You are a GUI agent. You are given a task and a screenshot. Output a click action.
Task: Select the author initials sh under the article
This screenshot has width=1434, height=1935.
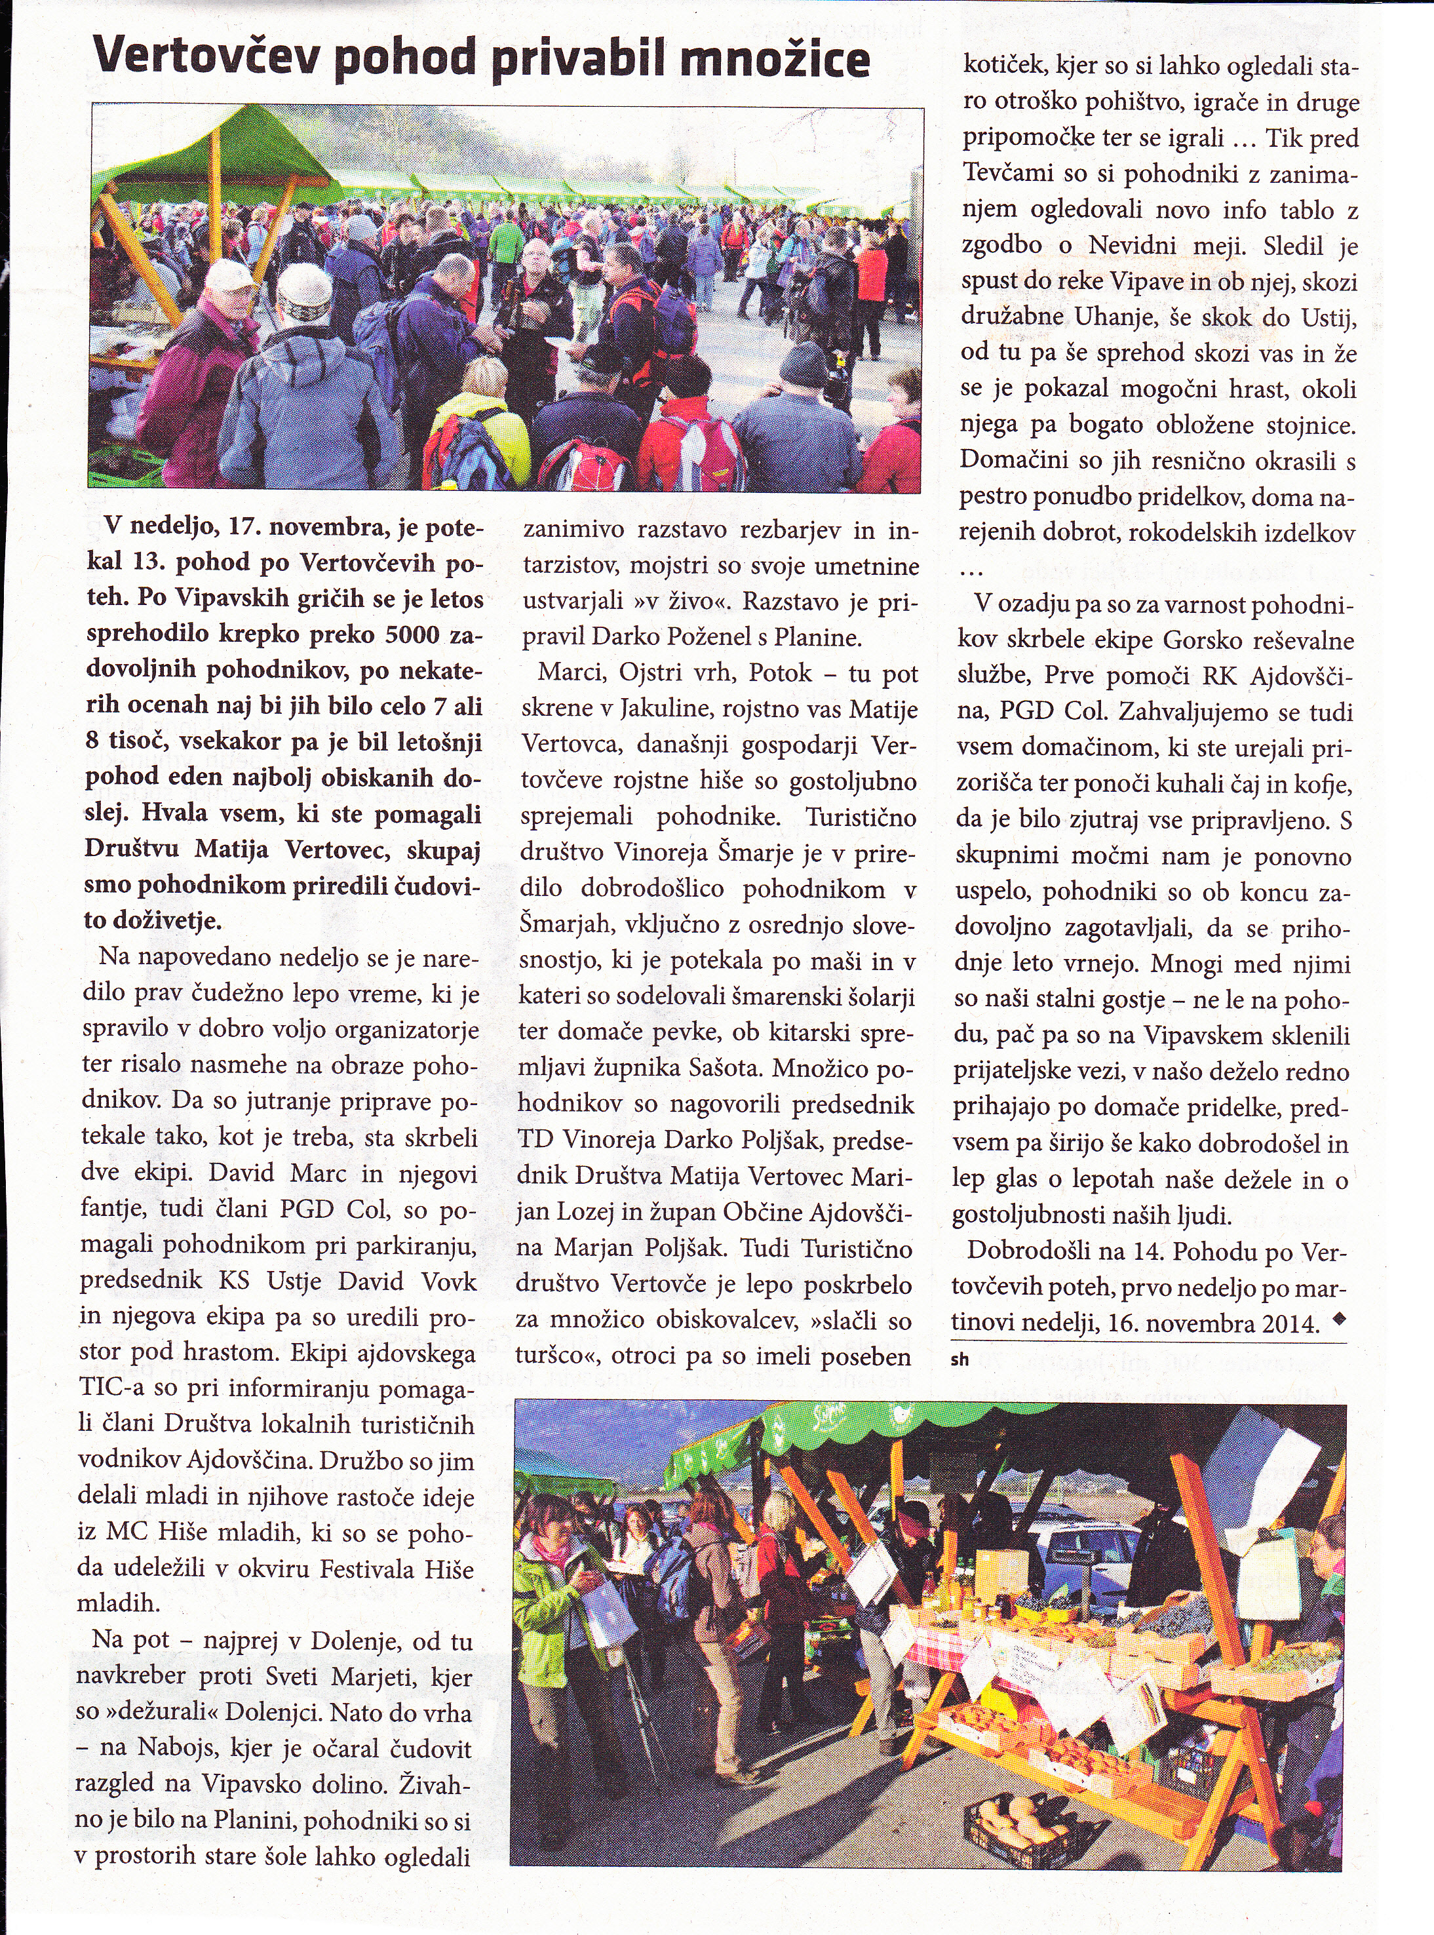click(959, 1360)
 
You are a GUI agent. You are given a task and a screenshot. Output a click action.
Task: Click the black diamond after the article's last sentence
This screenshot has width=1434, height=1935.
click(1336, 1320)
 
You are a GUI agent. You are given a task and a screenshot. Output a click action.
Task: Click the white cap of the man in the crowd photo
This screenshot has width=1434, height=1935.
click(230, 276)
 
